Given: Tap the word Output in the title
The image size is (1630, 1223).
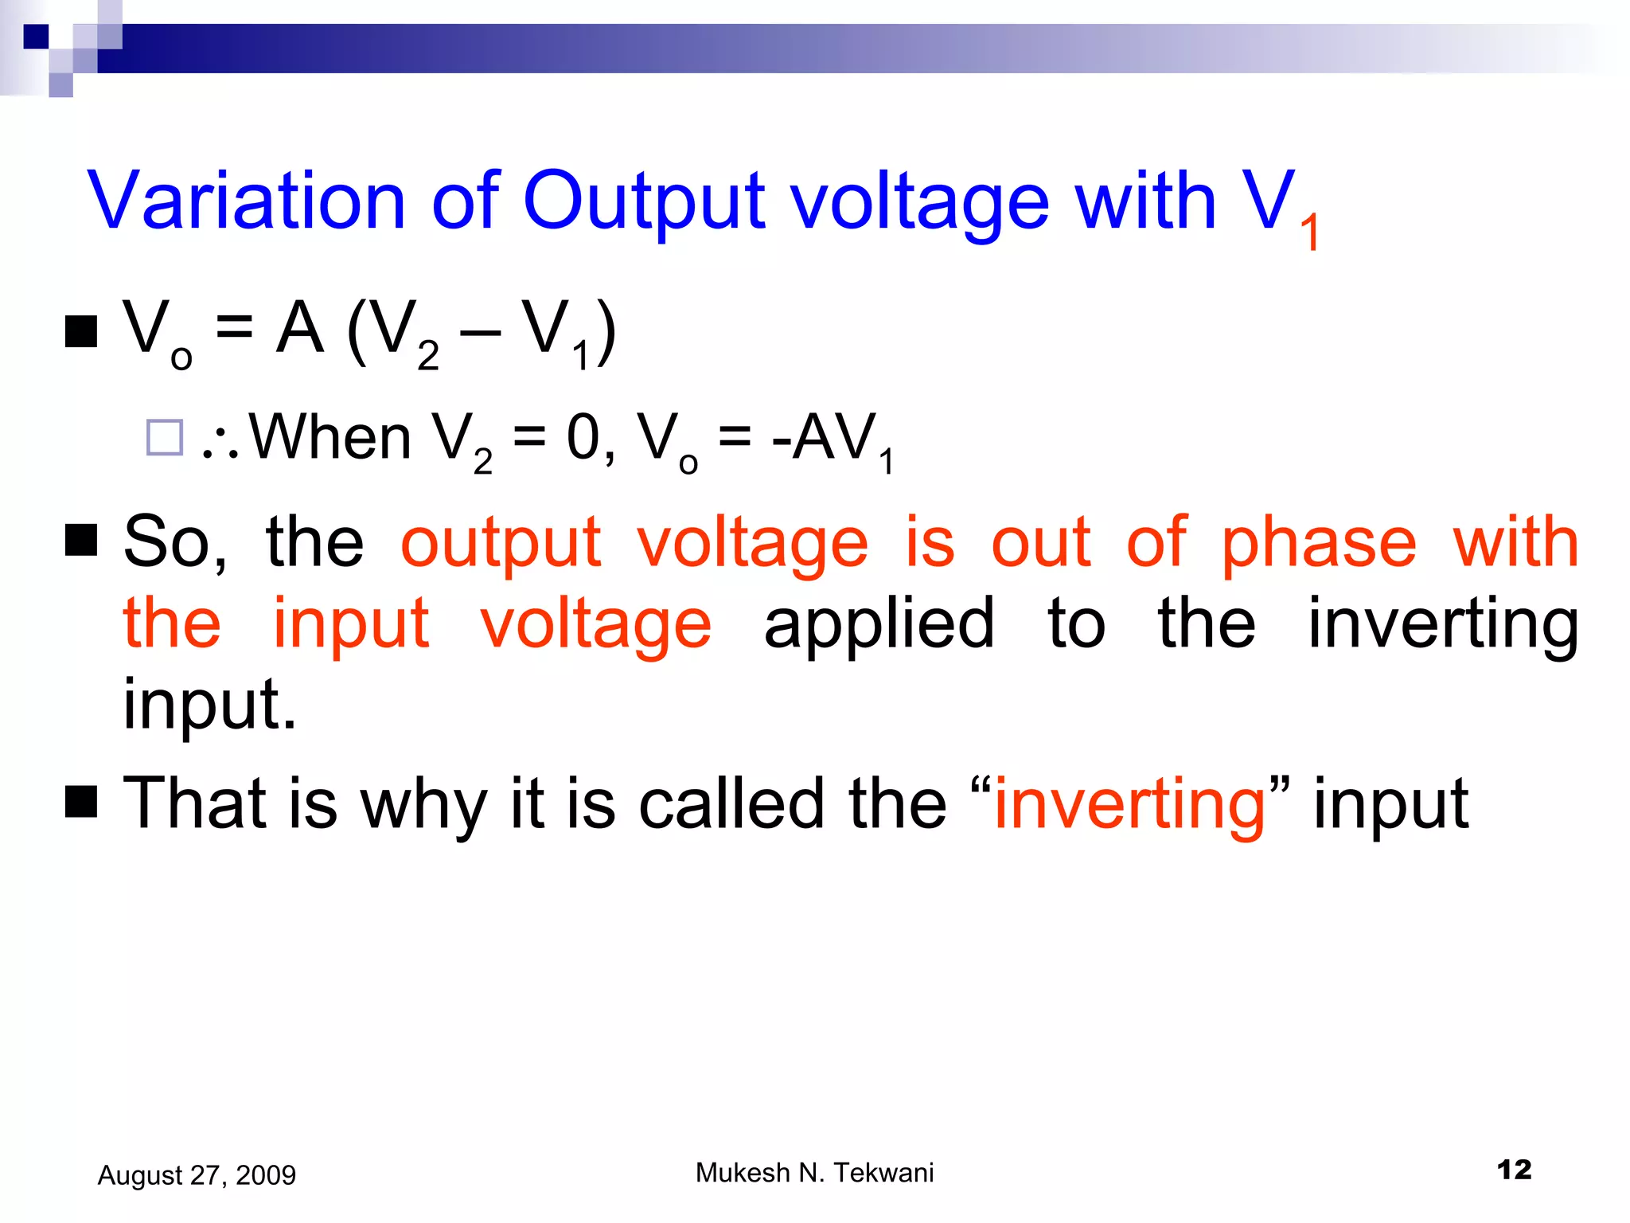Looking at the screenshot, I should (643, 201).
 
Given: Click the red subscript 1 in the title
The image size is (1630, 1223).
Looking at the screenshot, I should (1309, 233).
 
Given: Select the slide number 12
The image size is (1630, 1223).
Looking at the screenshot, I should (1514, 1170).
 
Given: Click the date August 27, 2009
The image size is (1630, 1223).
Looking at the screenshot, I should (197, 1175).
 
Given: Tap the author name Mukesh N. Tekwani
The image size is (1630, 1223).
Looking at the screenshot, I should (814, 1173).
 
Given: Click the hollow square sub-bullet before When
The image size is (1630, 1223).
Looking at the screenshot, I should (165, 437).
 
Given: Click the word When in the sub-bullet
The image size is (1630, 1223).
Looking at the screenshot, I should (330, 437).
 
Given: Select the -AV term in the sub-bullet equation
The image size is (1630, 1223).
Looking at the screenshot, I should (825, 437).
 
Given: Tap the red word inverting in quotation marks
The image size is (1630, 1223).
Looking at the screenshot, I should (1130, 804).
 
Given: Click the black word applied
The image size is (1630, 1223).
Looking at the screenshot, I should (879, 623).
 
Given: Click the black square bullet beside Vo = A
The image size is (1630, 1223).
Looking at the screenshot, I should (81, 331).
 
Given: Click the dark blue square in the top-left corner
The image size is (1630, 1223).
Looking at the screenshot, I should (36, 37).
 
